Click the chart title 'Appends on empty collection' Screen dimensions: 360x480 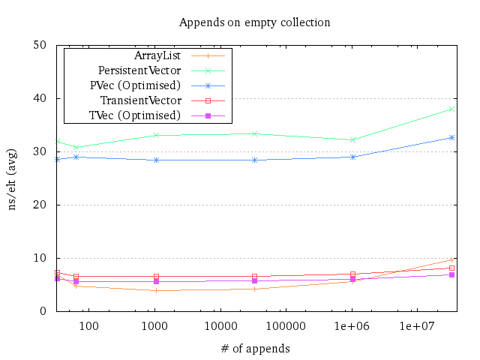click(x=254, y=22)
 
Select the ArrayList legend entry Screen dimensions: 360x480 click(x=157, y=55)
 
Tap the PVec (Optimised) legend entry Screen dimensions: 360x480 click(x=135, y=85)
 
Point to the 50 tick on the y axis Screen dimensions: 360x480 click(x=40, y=45)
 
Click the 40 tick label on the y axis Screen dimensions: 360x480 click(x=40, y=98)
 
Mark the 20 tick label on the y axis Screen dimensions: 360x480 click(x=40, y=205)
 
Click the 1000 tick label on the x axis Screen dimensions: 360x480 click(x=155, y=326)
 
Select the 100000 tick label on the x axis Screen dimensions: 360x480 click(x=286, y=326)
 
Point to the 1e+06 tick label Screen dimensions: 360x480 click(x=352, y=326)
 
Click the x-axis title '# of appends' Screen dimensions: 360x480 click(x=254, y=349)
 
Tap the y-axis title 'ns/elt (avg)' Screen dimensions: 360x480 click(x=13, y=178)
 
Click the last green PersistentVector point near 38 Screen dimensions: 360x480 click(x=451, y=109)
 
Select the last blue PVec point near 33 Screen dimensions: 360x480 click(x=451, y=137)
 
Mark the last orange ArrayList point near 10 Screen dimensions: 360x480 click(x=451, y=259)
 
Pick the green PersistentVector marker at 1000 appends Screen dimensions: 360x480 click(x=156, y=135)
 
